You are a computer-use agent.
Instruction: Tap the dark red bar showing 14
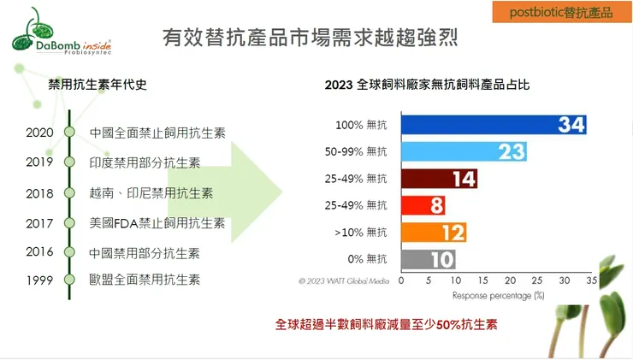(439, 179)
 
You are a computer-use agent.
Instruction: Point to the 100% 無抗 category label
(363, 126)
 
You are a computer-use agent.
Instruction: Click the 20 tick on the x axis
(510, 280)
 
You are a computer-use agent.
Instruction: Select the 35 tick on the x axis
(590, 280)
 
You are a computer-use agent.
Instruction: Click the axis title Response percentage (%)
(499, 295)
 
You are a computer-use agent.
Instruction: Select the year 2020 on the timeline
(39, 133)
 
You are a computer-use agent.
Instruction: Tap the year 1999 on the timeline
(39, 280)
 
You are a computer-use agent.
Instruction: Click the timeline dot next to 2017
(69, 223)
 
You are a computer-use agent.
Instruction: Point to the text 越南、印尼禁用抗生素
(151, 193)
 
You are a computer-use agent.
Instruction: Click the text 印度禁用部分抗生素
(145, 162)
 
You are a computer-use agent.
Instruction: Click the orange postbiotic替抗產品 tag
(561, 13)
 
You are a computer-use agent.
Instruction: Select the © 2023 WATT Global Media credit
(344, 280)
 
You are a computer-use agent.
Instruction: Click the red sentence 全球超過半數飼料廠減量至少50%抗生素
(387, 325)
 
